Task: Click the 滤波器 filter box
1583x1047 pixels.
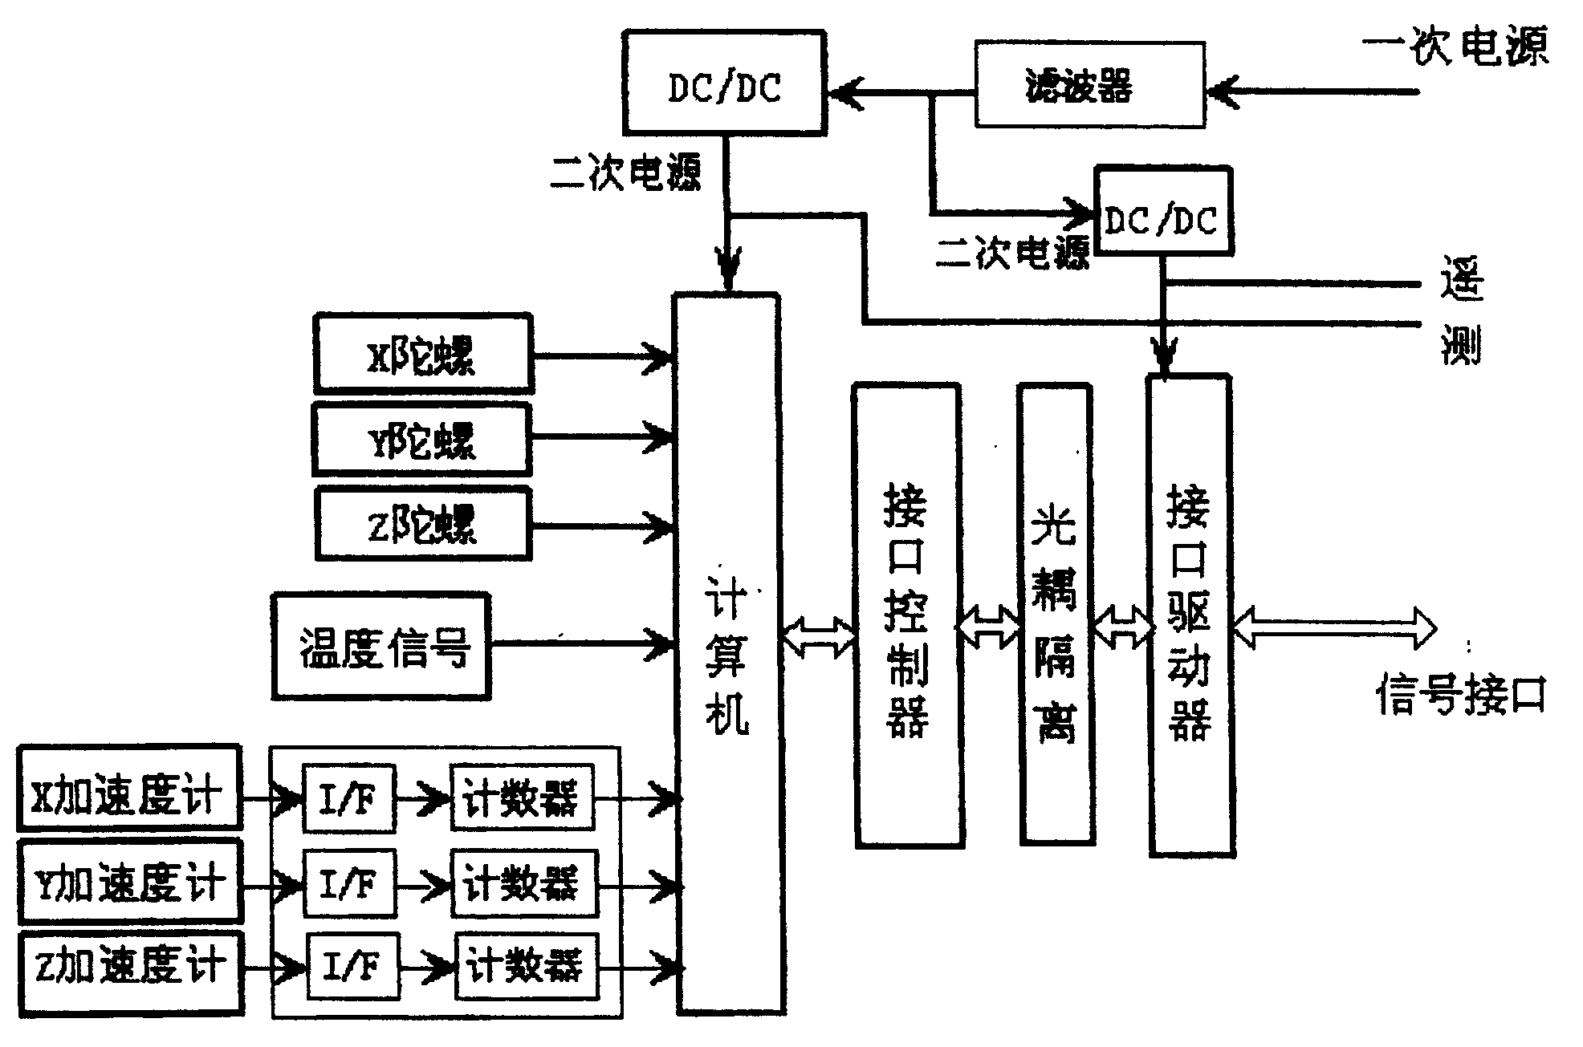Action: [1089, 84]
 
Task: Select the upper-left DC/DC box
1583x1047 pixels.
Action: [724, 83]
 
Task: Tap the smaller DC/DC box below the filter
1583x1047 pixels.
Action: [1162, 211]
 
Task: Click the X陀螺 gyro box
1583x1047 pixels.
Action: [422, 354]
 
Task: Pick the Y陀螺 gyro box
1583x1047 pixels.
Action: [421, 440]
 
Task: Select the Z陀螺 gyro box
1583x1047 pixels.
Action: [422, 525]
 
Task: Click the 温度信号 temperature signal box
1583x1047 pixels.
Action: [381, 647]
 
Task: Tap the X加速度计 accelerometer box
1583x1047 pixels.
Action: [128, 788]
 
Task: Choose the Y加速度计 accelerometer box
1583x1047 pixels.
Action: [128, 881]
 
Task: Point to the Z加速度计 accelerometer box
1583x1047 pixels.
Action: [130, 973]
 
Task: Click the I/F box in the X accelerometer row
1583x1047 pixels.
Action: [348, 799]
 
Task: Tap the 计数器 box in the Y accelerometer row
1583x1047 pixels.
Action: [523, 884]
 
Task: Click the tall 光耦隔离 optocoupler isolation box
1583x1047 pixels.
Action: [1056, 614]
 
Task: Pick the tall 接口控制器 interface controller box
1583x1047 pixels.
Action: [908, 614]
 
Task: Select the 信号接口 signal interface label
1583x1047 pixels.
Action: [1460, 695]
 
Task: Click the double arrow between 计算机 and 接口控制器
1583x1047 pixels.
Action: [818, 638]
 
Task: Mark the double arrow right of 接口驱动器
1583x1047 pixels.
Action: [1333, 628]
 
